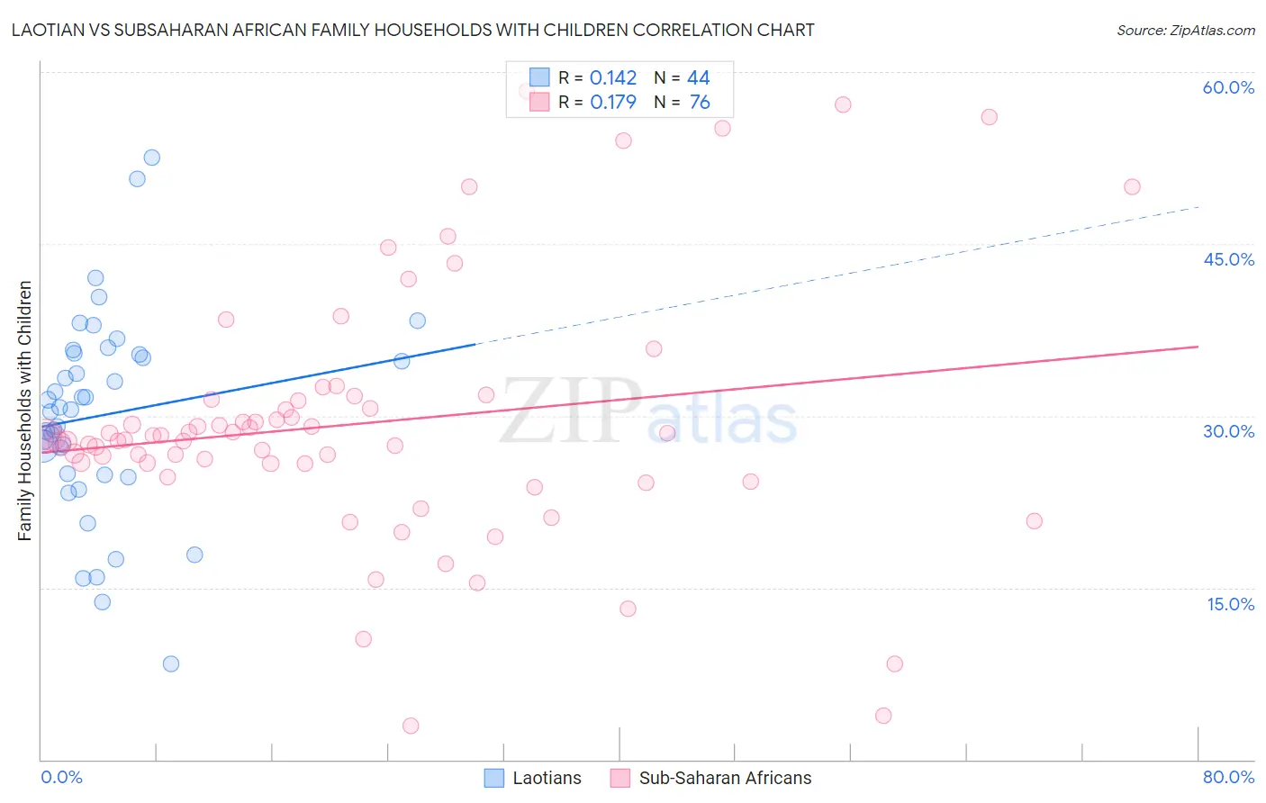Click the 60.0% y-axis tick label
(1228, 87)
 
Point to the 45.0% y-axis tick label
(1228, 259)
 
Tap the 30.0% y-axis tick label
(1228, 431)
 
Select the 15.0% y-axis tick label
(1230, 604)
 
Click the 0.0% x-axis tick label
(61, 777)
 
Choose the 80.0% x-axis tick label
(1228, 777)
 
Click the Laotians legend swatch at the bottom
(493, 778)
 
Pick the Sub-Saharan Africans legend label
(725, 778)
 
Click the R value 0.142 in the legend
(613, 78)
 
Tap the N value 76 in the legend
(700, 103)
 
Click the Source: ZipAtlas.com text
(1185, 31)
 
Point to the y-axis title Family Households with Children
(25, 411)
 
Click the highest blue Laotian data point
(152, 158)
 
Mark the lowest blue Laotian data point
(171, 663)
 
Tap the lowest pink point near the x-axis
(411, 726)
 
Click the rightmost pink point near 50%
(1132, 187)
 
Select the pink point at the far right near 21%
(1034, 521)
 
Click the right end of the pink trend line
(1198, 347)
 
